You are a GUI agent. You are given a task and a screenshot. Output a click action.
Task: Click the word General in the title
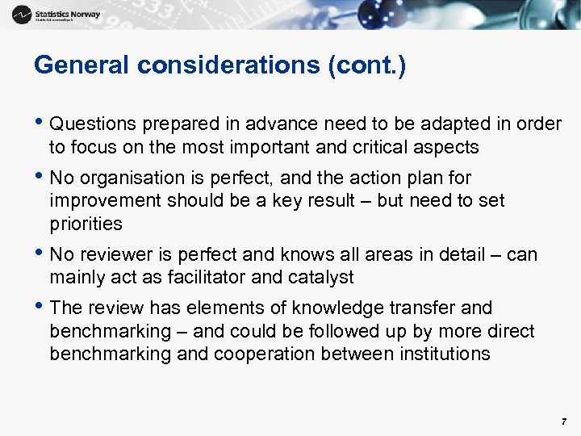(x=80, y=65)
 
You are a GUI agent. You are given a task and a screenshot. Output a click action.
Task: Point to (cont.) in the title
(x=367, y=65)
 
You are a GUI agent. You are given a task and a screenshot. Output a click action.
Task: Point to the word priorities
(x=86, y=223)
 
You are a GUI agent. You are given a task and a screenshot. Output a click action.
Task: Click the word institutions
(x=439, y=354)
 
